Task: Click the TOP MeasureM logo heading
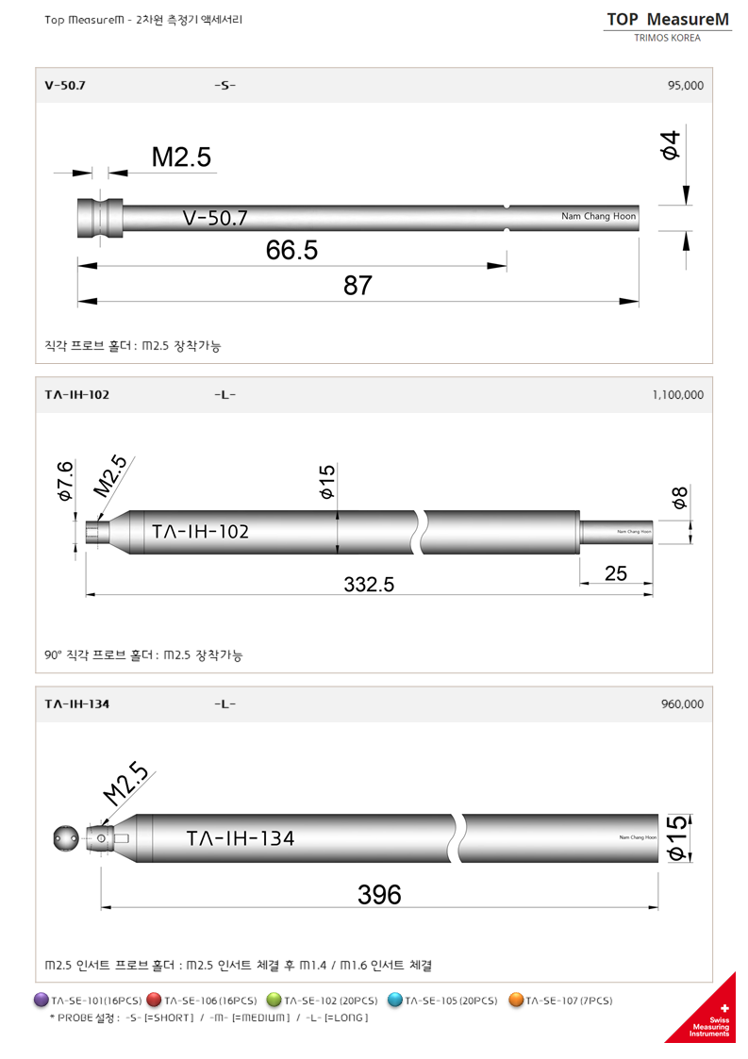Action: coord(668,19)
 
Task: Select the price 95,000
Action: coord(685,85)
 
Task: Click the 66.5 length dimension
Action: coord(291,250)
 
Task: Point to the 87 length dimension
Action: coord(357,286)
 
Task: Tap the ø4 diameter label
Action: coord(670,145)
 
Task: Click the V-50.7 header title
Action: coord(65,85)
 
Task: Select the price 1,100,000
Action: coord(677,395)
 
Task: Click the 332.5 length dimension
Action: coord(368,584)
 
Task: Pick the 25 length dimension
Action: coord(615,572)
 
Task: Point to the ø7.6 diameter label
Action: coord(65,480)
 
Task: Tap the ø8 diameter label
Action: coord(679,498)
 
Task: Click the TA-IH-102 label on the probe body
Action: coord(200,532)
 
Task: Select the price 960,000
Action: coord(683,703)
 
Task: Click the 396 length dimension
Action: coord(379,894)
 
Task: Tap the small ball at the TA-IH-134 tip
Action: coord(66,836)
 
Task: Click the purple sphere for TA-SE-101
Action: coord(41,1000)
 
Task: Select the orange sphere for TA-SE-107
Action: coord(516,1000)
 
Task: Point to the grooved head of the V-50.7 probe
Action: coord(99,217)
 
